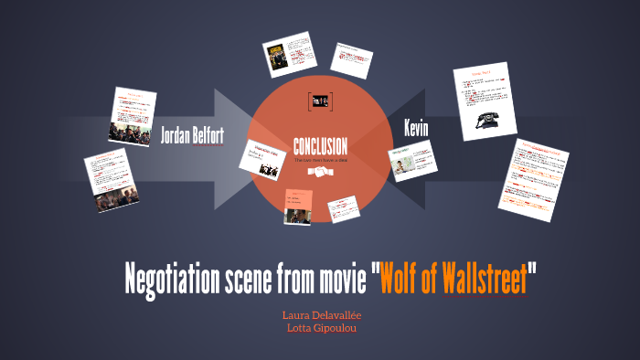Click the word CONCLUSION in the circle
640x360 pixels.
point(320,146)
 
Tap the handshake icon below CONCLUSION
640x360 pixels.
point(320,172)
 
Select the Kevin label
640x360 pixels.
point(416,130)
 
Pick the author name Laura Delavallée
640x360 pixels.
point(320,316)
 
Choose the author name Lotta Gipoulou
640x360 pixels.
point(320,328)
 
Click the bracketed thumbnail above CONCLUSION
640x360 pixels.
point(320,100)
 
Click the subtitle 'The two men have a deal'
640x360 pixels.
point(320,160)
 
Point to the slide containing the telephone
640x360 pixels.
point(481,100)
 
